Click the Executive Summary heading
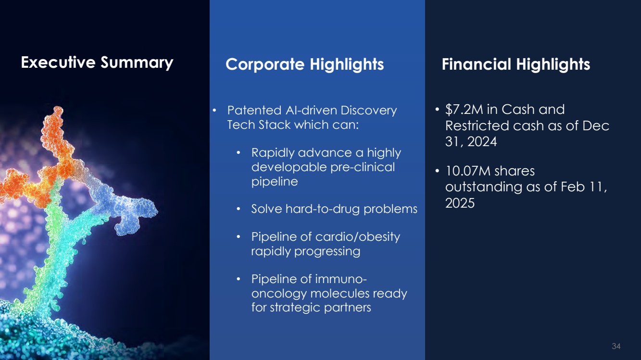(97, 62)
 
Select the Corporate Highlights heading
(304, 64)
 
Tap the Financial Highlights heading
(515, 64)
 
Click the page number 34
(616, 346)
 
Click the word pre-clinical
(363, 167)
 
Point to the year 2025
(460, 203)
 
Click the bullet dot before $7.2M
(437, 109)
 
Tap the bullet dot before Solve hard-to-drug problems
(239, 209)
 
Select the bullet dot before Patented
(214, 111)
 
